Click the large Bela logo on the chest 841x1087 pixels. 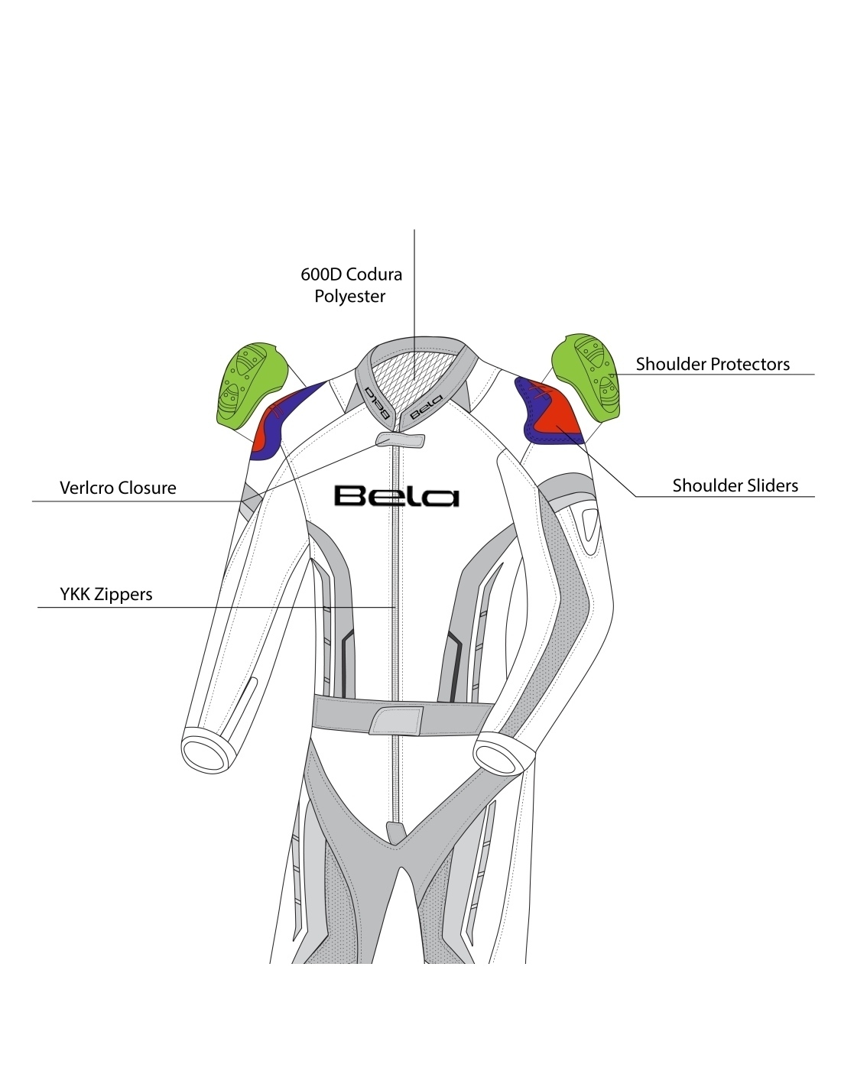click(x=396, y=496)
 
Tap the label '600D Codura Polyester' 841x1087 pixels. click(x=351, y=285)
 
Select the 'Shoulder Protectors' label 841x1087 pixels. click(x=713, y=364)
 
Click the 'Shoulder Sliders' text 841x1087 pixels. click(x=735, y=485)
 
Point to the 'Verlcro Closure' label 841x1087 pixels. click(x=118, y=488)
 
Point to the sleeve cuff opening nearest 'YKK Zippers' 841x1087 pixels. click(x=206, y=751)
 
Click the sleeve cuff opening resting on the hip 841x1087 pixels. click(x=498, y=755)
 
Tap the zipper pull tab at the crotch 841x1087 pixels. click(x=395, y=832)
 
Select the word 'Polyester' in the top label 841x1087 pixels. click(x=350, y=297)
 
